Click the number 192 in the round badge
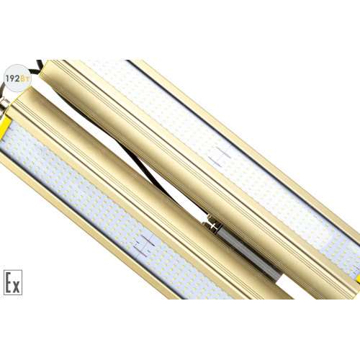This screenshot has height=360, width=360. [13, 78]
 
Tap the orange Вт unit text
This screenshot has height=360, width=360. [24, 78]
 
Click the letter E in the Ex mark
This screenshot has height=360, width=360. [8, 283]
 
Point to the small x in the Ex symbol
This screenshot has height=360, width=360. [16, 287]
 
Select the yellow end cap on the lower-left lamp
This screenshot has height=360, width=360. [5, 127]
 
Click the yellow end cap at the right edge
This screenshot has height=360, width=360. [358, 279]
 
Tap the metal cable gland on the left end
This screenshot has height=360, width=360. [5, 106]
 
